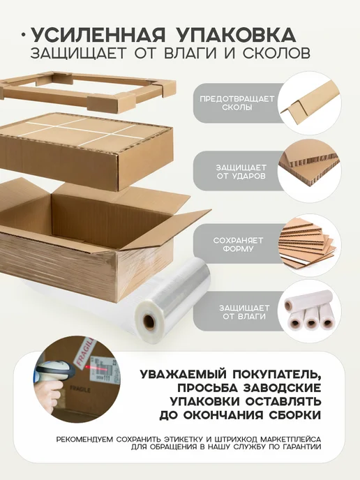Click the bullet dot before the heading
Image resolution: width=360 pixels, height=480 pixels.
pos(24,36)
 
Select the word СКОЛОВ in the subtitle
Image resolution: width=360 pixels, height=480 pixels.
pos(277,53)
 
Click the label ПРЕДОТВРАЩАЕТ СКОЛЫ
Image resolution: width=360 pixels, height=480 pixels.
pos(237,103)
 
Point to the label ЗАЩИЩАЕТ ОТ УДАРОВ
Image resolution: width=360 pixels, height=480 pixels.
pos(241,172)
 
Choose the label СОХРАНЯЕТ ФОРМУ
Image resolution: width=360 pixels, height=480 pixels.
pos(238,244)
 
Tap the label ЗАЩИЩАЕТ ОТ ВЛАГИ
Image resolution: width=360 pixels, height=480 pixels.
pos(244,312)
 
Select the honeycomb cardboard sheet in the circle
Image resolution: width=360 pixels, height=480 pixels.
pos(310,169)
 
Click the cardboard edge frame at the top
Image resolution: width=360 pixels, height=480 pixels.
pos(89,89)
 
